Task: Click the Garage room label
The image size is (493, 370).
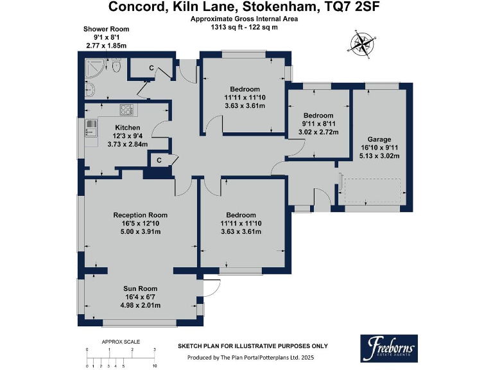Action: (379, 139)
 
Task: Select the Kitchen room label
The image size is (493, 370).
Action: (128, 127)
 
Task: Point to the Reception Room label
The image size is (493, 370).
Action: (140, 215)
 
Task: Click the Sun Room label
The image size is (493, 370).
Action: (140, 288)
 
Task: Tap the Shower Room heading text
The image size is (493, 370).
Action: (106, 29)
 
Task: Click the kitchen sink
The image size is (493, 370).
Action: (90, 128)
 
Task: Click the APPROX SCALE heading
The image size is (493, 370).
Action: (121, 341)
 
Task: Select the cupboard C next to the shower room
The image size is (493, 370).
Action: (151, 68)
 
